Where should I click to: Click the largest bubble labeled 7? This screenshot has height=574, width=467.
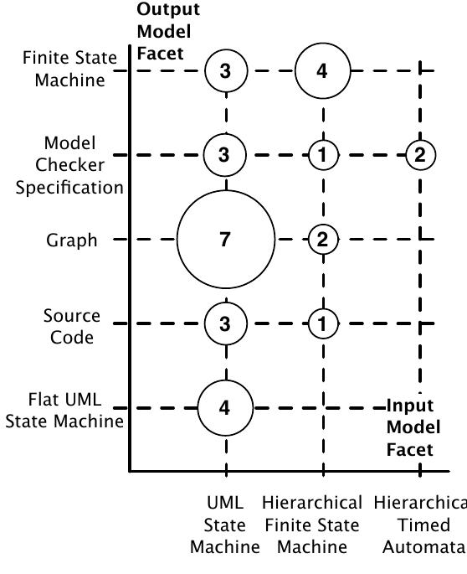pyautogui.click(x=225, y=240)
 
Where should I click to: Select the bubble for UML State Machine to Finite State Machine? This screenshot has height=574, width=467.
pyautogui.click(x=225, y=71)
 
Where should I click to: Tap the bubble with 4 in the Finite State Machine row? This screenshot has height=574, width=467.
pyautogui.click(x=321, y=71)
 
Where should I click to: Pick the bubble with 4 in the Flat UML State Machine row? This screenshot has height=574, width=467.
pyautogui.click(x=225, y=408)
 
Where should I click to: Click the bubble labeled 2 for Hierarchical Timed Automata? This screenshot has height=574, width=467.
pyautogui.click(x=418, y=154)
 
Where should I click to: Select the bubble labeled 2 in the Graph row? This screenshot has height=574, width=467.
pyautogui.click(x=322, y=240)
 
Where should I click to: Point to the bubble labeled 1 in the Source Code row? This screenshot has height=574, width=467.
pyautogui.click(x=322, y=324)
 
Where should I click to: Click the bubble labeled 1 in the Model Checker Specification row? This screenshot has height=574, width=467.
pyautogui.click(x=322, y=154)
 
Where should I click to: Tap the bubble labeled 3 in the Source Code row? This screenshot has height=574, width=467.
pyautogui.click(x=225, y=324)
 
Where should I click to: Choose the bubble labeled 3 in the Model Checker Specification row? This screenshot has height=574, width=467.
pyautogui.click(x=225, y=154)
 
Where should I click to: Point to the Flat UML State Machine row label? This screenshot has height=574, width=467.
pyautogui.click(x=64, y=411)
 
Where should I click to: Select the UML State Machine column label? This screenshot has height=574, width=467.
pyautogui.click(x=225, y=525)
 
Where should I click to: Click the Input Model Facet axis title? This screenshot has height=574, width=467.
pyautogui.click(x=409, y=428)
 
